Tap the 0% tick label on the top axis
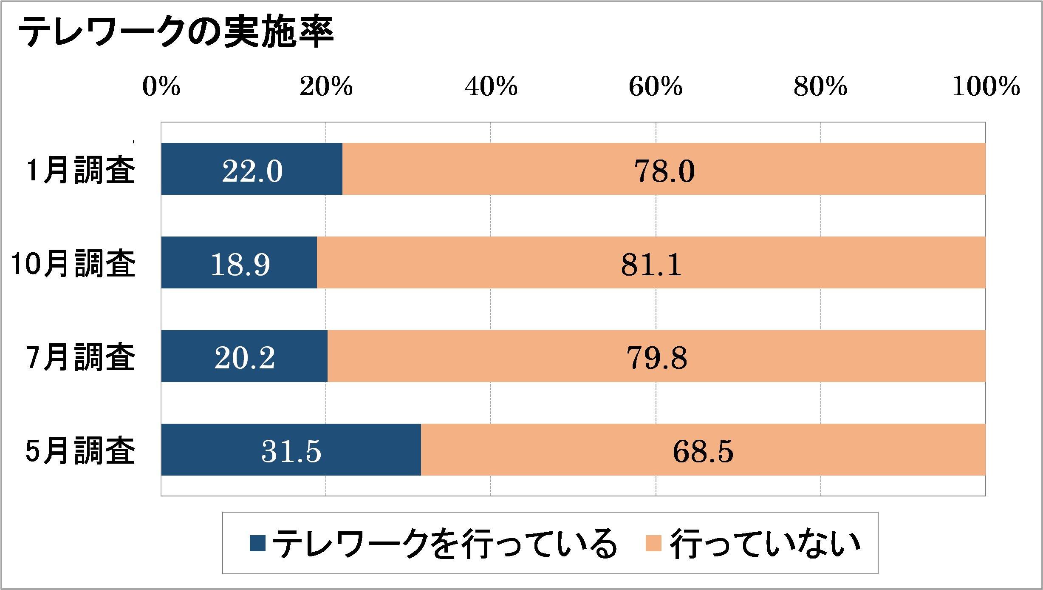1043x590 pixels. pos(161,87)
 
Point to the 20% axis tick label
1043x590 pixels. pos(326,87)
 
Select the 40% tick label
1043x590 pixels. pos(491,87)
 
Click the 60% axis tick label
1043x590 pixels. pos(656,87)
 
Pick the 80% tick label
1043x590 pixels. pos(820,87)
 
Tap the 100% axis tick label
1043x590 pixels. pos(986,87)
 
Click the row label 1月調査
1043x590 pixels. pos(81,171)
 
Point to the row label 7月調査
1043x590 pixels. pos(81,357)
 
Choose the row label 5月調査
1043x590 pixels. pos(81,451)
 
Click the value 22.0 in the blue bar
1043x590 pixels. pos(252,171)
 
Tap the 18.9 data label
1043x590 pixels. pos(240,264)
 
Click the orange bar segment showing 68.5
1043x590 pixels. pos(703,451)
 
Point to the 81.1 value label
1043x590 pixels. pos(651,264)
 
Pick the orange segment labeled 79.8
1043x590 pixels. pos(656,357)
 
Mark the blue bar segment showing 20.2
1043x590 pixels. pos(244,357)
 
